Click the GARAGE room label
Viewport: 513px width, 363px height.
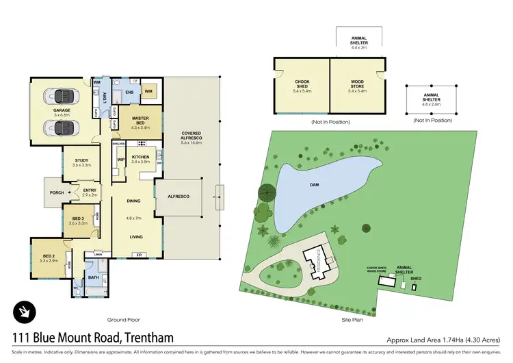pos(62,110)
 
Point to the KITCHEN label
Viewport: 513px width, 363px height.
pos(140,157)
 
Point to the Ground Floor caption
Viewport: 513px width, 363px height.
pos(124,319)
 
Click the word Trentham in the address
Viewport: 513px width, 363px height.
pos(145,337)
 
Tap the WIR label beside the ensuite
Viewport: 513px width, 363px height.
pos(149,91)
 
